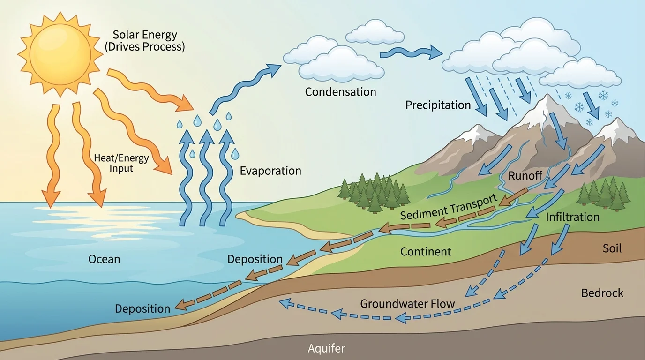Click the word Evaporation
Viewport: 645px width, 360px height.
pos(270,171)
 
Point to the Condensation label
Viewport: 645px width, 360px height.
pos(340,92)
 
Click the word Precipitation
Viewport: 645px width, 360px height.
pos(438,105)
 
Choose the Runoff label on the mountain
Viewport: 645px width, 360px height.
pos(525,177)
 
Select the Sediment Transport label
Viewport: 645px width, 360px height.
pos(449,208)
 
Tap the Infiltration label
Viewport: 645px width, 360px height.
pos(572,217)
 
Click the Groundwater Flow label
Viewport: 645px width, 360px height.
pos(407,304)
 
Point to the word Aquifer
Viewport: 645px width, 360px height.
pos(326,348)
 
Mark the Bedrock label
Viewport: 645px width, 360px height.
pos(602,293)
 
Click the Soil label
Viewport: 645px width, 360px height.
pos(612,248)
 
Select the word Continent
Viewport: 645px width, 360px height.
pos(426,252)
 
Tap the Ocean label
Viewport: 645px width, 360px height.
pos(104,259)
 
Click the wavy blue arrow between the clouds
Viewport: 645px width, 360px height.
pos(410,52)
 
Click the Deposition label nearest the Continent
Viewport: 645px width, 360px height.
pos(255,259)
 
